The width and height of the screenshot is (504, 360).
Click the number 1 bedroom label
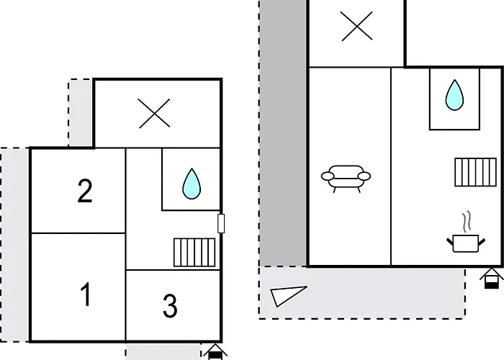86,294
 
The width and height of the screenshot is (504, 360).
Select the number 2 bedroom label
85,191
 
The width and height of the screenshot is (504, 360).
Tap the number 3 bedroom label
170,306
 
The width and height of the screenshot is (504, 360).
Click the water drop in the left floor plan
192,184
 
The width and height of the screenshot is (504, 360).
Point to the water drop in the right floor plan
454,95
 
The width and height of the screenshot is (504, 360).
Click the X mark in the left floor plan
154,113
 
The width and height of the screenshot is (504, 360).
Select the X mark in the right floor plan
357,26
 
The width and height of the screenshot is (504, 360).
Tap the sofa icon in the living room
346,179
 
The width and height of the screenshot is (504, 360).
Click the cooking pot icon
466,243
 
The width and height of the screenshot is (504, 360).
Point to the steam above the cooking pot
467,221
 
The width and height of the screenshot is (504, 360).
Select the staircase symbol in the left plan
194,252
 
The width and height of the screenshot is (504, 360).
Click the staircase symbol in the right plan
475,172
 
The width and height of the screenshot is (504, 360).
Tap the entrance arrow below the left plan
215,352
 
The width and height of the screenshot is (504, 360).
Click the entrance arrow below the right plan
492,278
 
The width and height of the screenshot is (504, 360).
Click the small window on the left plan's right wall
221,223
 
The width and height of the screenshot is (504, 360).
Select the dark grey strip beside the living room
283,133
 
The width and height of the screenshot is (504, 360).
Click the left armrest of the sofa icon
328,176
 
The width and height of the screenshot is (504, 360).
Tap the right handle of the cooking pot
482,242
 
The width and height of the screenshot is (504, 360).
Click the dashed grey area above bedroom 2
81,112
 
